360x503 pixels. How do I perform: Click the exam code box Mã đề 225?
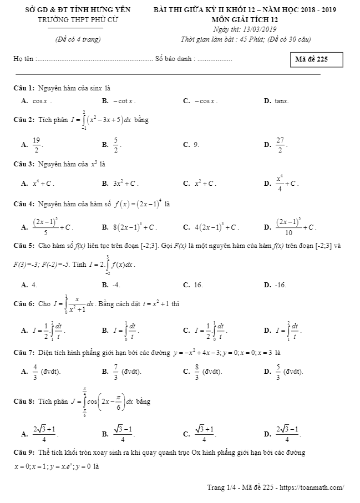tap(316, 59)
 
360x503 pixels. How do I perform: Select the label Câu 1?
tap(24, 88)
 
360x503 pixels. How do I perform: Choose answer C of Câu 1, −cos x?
tap(206, 101)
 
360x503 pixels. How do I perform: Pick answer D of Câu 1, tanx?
tap(282, 101)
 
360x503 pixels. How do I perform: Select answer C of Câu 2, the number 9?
tap(196, 144)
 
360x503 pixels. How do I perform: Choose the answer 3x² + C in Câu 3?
tap(125, 183)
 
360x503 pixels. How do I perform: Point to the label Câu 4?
tap(24, 204)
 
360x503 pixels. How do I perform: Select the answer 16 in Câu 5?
tap(198, 285)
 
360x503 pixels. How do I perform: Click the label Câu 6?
tap(24, 303)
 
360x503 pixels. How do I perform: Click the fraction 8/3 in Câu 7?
tap(197, 371)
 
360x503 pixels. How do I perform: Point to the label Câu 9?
tap(24, 453)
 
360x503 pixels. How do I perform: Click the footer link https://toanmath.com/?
tap(313, 487)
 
